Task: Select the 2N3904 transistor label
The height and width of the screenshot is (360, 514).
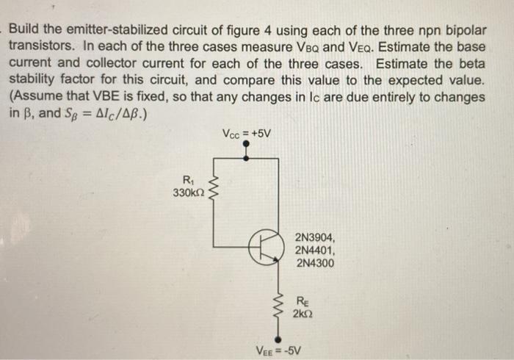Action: point(315,237)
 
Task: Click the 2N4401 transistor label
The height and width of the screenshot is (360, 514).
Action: point(315,250)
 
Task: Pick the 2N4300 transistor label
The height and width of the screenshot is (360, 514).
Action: point(315,262)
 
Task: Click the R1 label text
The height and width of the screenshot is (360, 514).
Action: point(189,181)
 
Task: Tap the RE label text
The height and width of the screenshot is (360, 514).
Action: point(303,300)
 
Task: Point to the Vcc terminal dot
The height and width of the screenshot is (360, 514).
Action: point(246,145)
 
